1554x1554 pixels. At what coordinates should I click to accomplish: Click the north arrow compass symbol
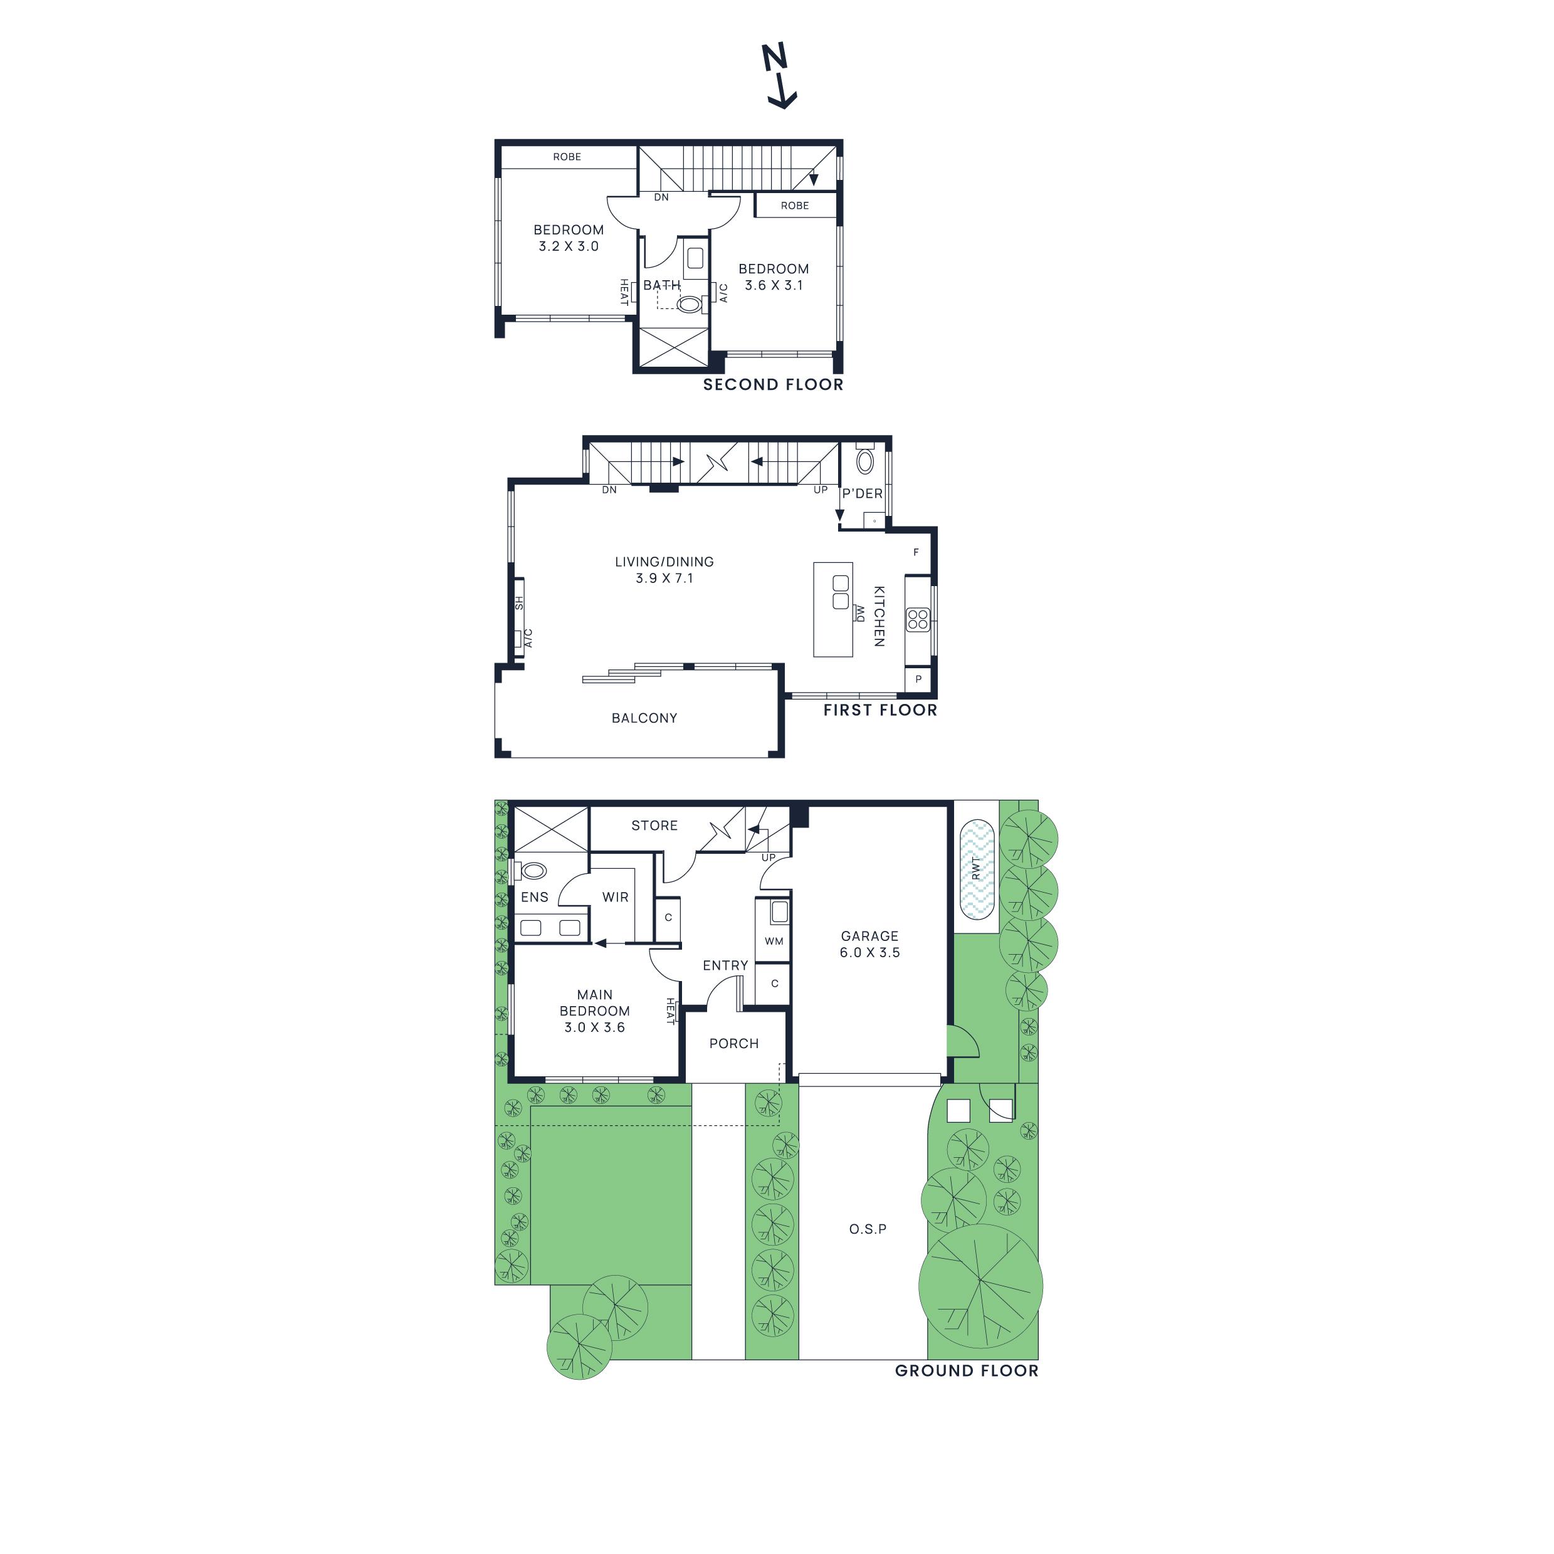coord(779,77)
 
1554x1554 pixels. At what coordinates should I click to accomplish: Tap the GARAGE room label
coord(869,935)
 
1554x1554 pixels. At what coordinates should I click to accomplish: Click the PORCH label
coord(733,1043)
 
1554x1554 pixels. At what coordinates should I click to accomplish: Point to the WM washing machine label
coord(774,941)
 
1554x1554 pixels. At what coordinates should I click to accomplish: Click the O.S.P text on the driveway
coord(868,1229)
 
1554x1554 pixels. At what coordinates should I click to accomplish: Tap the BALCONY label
coord(644,718)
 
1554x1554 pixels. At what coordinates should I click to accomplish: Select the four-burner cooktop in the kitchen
coord(918,619)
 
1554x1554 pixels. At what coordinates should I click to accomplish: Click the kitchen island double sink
coord(841,592)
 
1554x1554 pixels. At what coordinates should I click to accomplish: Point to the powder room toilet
coord(864,462)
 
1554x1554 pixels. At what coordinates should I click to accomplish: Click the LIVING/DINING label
coord(664,562)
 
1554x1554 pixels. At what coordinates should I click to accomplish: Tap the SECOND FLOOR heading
coord(773,384)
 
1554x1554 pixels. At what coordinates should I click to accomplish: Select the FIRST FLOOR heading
coord(880,710)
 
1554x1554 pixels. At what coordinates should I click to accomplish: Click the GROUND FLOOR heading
coord(967,1370)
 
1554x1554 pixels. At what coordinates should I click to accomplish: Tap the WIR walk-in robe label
coord(616,897)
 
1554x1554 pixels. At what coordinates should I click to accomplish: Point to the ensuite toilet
coord(532,870)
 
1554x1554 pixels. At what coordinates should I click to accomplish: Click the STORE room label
coord(654,825)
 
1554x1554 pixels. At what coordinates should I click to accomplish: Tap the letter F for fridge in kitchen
coord(915,553)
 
